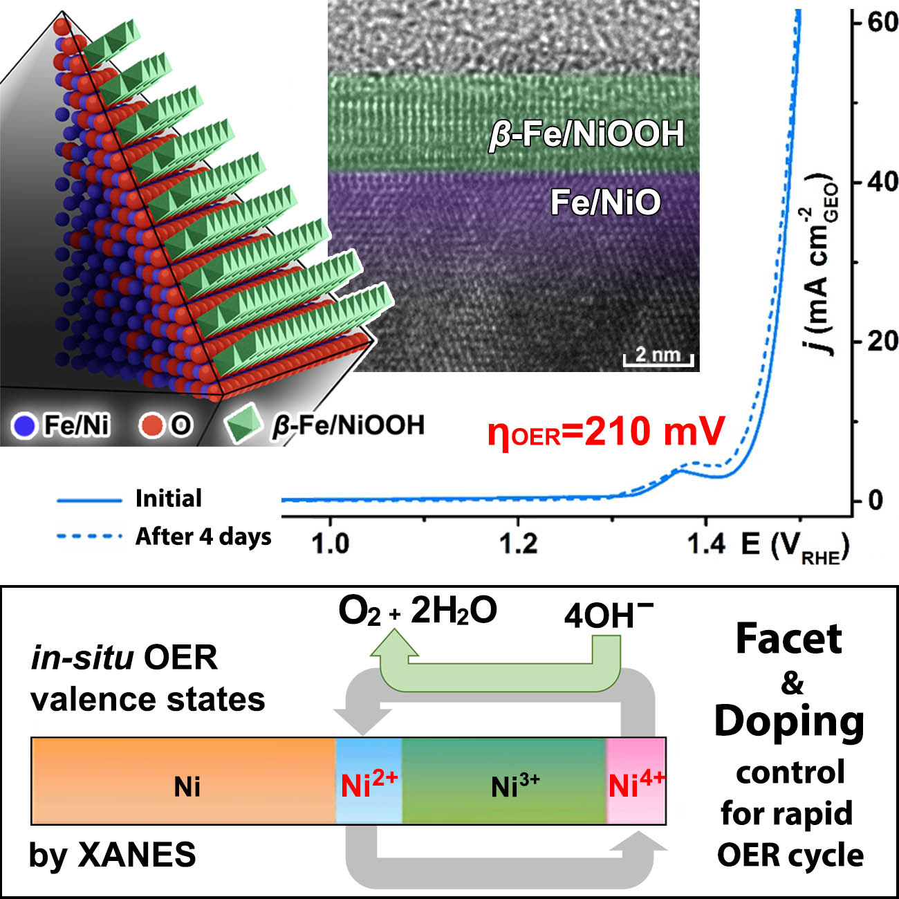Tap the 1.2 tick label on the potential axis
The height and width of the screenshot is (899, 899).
tap(519, 544)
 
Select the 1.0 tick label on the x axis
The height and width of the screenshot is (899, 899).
tap(331, 544)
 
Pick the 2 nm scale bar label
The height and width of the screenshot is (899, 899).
tap(658, 354)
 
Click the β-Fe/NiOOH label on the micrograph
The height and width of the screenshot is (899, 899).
tap(586, 134)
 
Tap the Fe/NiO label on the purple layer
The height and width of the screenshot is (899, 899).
tap(605, 202)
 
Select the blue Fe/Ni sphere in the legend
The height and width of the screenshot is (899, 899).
tap(24, 425)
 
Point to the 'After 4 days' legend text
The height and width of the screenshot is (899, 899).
tap(203, 536)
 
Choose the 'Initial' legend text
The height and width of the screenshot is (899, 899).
tap(169, 498)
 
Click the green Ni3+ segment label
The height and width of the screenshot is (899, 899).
tap(515, 786)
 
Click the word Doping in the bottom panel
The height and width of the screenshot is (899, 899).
tap(789, 722)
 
